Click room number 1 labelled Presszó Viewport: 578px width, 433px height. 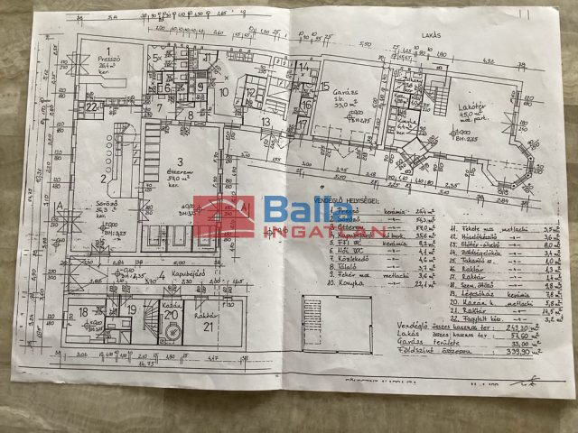click(x=108, y=51)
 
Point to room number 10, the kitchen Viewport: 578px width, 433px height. click(x=223, y=91)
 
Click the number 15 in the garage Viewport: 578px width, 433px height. click(x=324, y=86)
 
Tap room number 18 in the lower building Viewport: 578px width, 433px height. click(x=83, y=312)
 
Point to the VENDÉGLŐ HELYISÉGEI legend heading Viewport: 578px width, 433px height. click(x=349, y=198)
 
